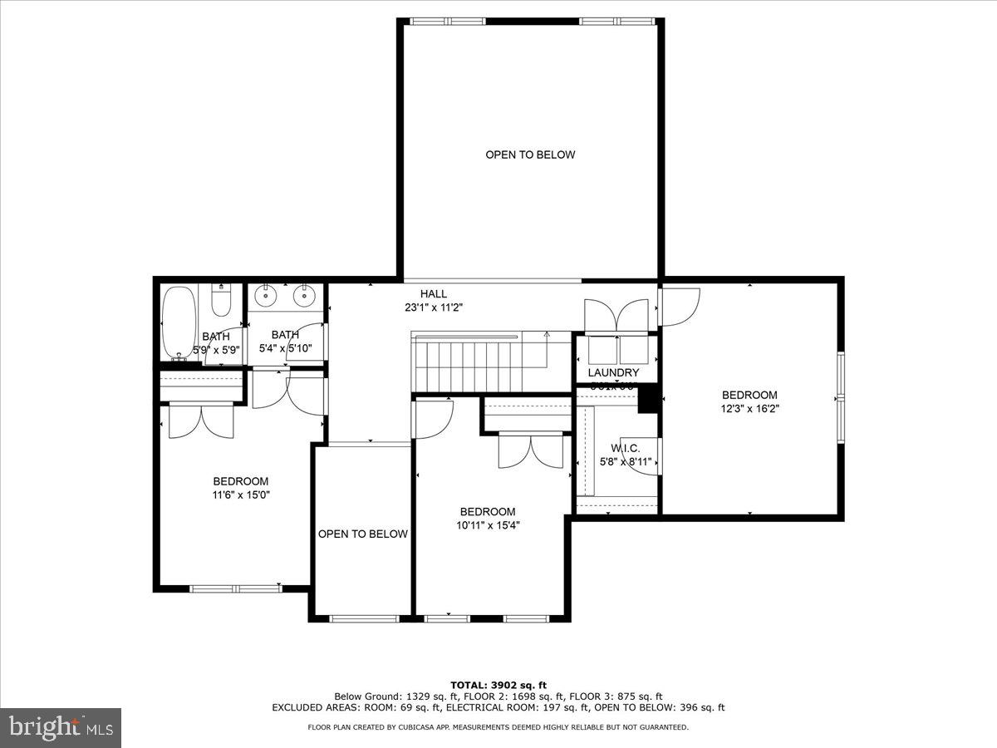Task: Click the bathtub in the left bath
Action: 177,322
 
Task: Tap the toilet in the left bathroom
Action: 220,301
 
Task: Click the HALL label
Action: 433,293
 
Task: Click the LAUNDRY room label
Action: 613,372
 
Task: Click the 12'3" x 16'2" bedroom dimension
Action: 749,408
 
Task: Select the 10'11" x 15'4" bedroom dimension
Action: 488,524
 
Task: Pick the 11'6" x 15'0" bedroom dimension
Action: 240,495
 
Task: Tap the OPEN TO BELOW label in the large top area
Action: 530,155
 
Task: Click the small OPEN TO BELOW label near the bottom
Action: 362,534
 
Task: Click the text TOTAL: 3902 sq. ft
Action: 498,685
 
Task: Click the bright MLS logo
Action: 61,727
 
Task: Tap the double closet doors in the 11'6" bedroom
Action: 201,421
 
